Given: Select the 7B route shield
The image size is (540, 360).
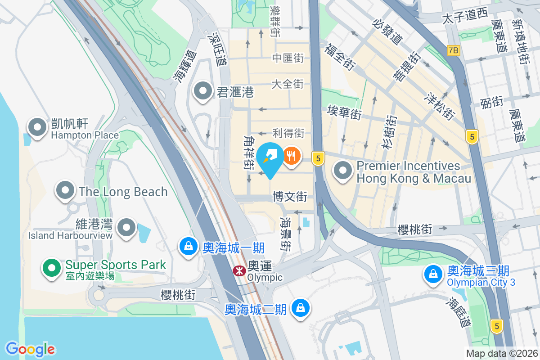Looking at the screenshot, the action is pos(454,51).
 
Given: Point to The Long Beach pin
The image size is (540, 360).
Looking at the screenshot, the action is pos(65,191).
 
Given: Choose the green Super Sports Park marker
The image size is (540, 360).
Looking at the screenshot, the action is pos(52,269).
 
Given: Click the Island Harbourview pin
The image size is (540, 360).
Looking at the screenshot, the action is pos(127,228).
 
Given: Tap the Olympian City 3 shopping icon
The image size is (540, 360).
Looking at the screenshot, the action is pos(433,274).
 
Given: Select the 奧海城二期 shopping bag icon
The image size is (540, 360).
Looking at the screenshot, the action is pos(299,309).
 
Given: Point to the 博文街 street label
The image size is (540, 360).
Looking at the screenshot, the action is pos(290,197).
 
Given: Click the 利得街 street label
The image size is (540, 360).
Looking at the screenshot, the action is pos(288,133).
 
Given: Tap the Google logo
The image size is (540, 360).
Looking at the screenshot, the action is pos(30,349).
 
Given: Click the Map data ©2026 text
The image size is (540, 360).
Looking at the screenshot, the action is pos(501,354).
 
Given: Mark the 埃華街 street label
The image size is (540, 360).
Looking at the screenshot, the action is pos(344,112).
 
